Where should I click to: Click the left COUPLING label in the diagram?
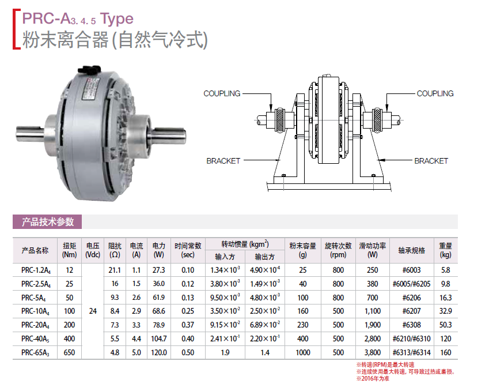point(222,93)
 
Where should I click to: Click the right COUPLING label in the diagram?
point(435,93)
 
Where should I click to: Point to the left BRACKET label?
point(223,161)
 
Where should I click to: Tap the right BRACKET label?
point(431,161)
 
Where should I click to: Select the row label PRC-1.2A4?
point(36,270)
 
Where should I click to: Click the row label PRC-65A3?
point(35,352)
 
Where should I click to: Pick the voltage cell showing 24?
point(93,311)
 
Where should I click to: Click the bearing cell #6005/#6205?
point(411,284)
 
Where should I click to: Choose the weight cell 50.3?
point(445,325)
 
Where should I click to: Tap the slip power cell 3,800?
point(372,352)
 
